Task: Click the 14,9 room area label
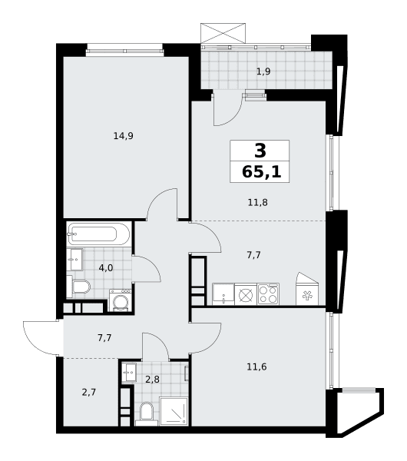click(x=124, y=136)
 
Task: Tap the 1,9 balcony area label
click(x=263, y=71)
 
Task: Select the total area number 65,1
click(x=262, y=171)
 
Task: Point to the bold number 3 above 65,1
click(x=260, y=151)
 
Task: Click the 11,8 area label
click(x=258, y=203)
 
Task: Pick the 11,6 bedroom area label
click(x=256, y=367)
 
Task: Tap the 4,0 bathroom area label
click(x=106, y=268)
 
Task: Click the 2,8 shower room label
click(x=152, y=380)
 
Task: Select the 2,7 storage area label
click(x=89, y=392)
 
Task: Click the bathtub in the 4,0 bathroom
click(x=99, y=234)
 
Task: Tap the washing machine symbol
click(x=121, y=300)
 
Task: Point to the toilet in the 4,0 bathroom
click(x=78, y=287)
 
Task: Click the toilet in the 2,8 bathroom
click(x=147, y=414)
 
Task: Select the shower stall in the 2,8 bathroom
click(x=174, y=411)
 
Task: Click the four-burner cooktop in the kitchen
click(x=268, y=294)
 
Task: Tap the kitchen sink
click(x=223, y=294)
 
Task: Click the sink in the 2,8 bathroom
click(x=129, y=373)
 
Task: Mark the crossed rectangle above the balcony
click(x=223, y=33)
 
